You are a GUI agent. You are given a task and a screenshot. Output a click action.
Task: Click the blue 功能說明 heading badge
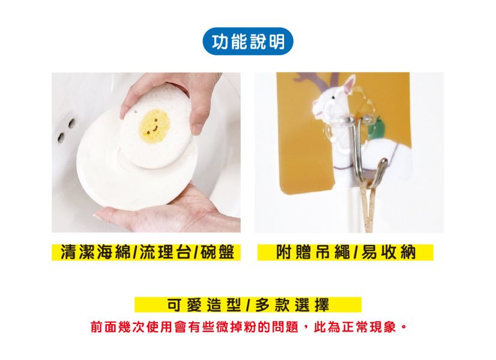pos(248,41)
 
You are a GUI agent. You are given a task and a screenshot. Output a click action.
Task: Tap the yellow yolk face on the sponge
pos(154,125)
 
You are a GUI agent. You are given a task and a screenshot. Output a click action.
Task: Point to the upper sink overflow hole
pos(72,123)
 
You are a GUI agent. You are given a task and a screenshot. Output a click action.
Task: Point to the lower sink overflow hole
pos(61,137)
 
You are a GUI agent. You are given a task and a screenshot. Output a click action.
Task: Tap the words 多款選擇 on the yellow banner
pos(292,305)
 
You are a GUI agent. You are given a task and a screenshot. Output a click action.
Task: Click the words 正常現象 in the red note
pos(369,327)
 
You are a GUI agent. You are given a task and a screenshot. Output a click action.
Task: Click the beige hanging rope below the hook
pos(368,209)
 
